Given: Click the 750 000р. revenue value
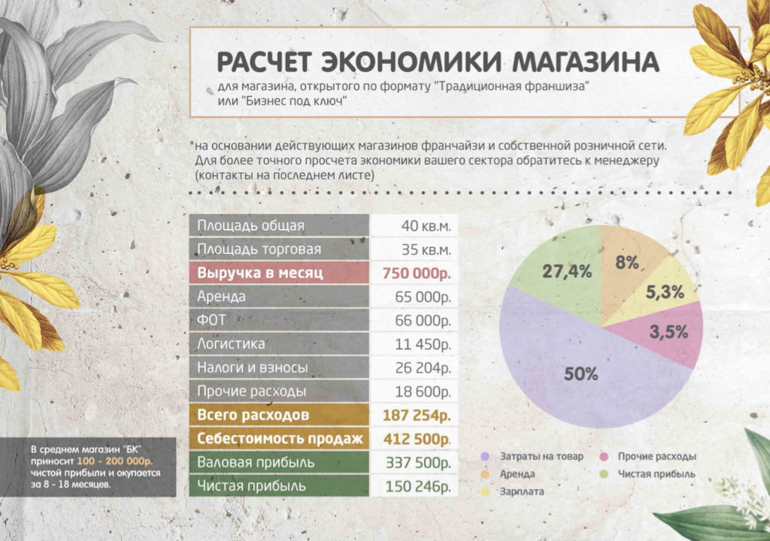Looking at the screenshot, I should pos(417,273).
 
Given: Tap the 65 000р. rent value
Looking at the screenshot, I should pos(423,297).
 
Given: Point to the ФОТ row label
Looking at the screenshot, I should pos(211,321).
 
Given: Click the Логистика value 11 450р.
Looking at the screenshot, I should pos(423,345).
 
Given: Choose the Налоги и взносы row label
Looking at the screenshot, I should pos(252,368).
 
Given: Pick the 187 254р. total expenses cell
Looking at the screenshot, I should pos(417,416).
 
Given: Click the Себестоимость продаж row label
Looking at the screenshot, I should pos(280,439).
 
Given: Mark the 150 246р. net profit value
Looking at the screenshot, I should pos(418,487).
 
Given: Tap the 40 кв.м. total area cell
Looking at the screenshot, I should pos(426,225).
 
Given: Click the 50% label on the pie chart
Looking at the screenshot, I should pos(581,373).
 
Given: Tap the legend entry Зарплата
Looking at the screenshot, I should pos(522,491).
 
